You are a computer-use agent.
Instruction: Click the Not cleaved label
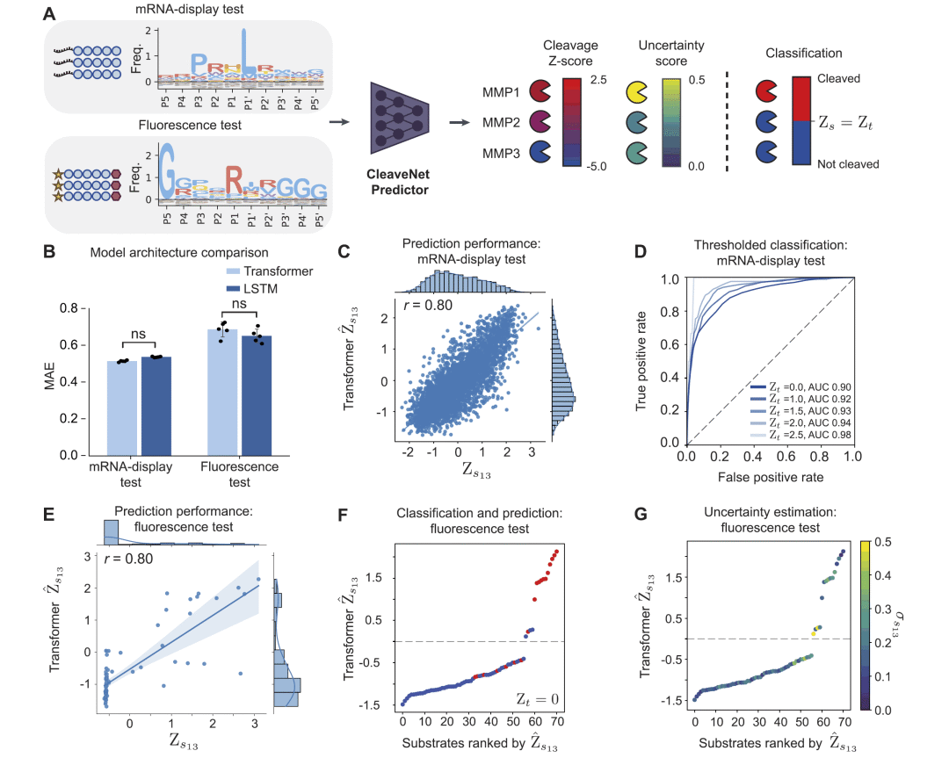point(849,164)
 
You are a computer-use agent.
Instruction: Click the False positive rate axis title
point(769,477)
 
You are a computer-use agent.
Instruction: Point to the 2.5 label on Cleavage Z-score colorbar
point(600,78)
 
